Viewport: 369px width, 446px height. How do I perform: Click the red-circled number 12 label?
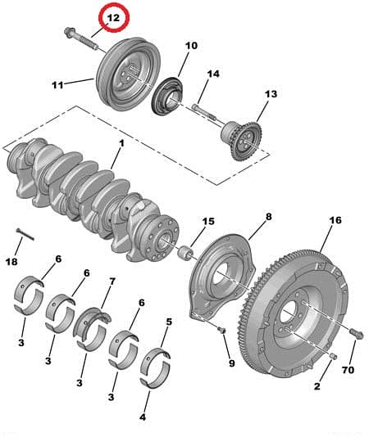(113, 18)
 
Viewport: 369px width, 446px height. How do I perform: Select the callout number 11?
(57, 85)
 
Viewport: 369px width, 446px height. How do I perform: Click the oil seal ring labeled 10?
(167, 96)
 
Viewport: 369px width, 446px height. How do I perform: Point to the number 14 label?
(213, 74)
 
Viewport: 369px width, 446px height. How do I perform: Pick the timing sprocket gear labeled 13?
(242, 139)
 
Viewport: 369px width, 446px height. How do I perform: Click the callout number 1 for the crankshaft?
(121, 143)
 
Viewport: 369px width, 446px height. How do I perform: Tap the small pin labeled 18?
(25, 234)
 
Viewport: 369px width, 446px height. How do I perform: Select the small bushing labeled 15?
(185, 252)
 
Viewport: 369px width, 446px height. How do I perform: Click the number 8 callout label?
(268, 217)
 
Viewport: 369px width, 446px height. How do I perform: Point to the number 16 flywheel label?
(335, 220)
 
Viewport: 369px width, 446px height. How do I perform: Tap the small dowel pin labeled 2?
(334, 356)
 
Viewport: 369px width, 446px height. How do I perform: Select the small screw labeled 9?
(221, 330)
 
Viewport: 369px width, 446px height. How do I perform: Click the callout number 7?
(112, 282)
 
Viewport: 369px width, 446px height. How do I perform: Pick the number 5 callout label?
(169, 322)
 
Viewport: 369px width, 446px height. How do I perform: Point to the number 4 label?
(143, 417)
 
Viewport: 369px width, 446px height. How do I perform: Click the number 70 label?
(348, 370)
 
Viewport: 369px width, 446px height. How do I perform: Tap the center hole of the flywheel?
(289, 313)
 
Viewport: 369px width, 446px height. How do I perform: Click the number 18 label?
(11, 261)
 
